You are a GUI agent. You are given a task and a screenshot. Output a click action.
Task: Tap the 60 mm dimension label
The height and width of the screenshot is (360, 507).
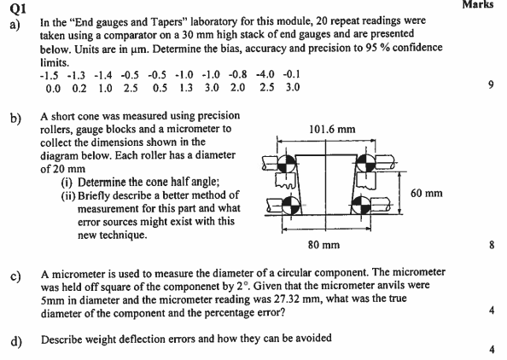426,194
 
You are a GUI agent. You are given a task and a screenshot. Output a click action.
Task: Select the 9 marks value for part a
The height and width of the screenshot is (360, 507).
491,86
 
